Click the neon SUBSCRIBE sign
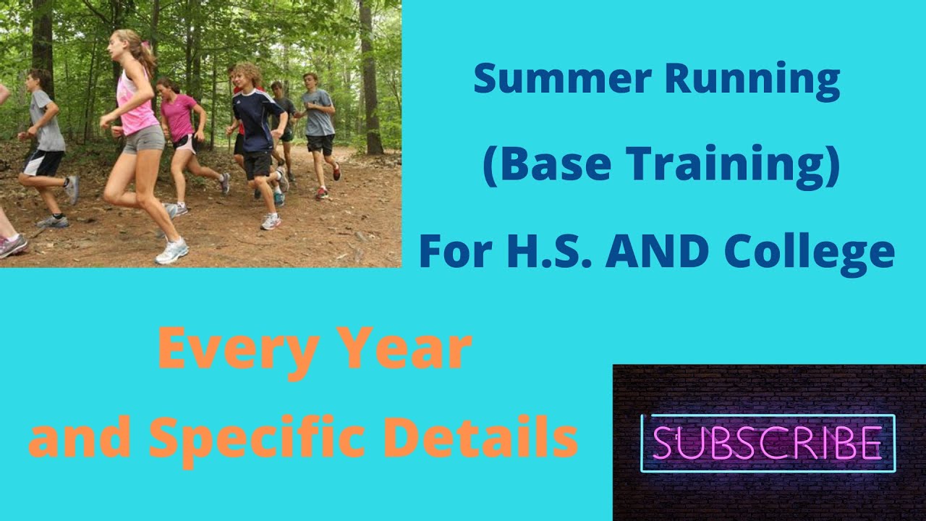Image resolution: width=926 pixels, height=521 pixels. (768, 442)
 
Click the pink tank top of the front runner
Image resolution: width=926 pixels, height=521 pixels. (135, 105)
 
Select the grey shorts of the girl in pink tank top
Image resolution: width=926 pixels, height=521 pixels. (143, 139)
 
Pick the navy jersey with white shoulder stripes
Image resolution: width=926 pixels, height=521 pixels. (254, 119)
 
